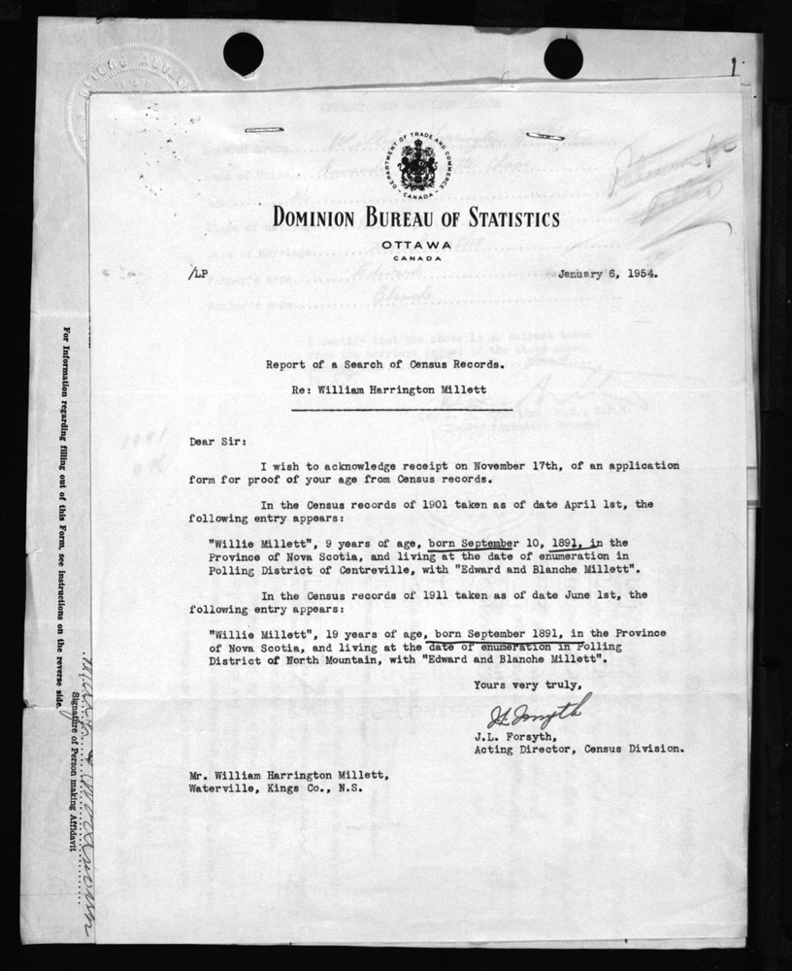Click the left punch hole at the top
click(x=243, y=53)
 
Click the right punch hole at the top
click(x=563, y=58)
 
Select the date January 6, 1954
click(x=607, y=273)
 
